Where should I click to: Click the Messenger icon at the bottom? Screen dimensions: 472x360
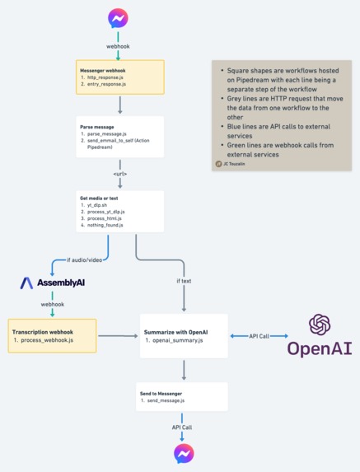click(183, 453)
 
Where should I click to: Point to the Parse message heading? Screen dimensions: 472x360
click(96, 127)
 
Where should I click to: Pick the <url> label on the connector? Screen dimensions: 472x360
click(120, 174)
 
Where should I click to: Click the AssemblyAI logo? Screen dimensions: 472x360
click(54, 283)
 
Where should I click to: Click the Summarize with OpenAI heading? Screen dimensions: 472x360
click(175, 330)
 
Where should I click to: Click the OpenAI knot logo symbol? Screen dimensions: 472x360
click(320, 325)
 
